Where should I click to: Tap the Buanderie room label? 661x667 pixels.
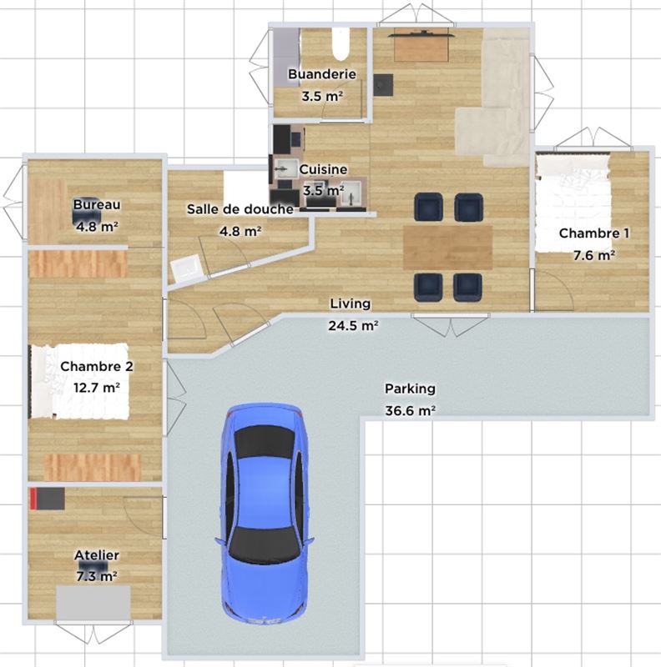click(322, 74)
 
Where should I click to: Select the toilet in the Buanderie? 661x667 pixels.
click(341, 44)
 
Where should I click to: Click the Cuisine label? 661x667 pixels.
click(323, 169)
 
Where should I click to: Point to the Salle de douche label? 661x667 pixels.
click(240, 209)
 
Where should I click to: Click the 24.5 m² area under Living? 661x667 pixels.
click(353, 326)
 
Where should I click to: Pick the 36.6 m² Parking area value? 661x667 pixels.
click(410, 411)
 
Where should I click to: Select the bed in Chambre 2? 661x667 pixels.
click(79, 381)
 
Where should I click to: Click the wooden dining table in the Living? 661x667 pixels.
click(447, 248)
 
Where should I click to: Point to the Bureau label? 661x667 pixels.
click(97, 204)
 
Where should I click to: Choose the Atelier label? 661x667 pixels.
click(97, 555)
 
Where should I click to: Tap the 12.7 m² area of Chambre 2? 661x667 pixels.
click(96, 388)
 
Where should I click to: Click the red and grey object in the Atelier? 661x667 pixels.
click(48, 499)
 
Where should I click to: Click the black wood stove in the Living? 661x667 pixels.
click(383, 85)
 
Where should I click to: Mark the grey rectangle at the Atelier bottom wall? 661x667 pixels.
click(93, 603)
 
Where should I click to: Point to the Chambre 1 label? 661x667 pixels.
click(593, 233)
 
